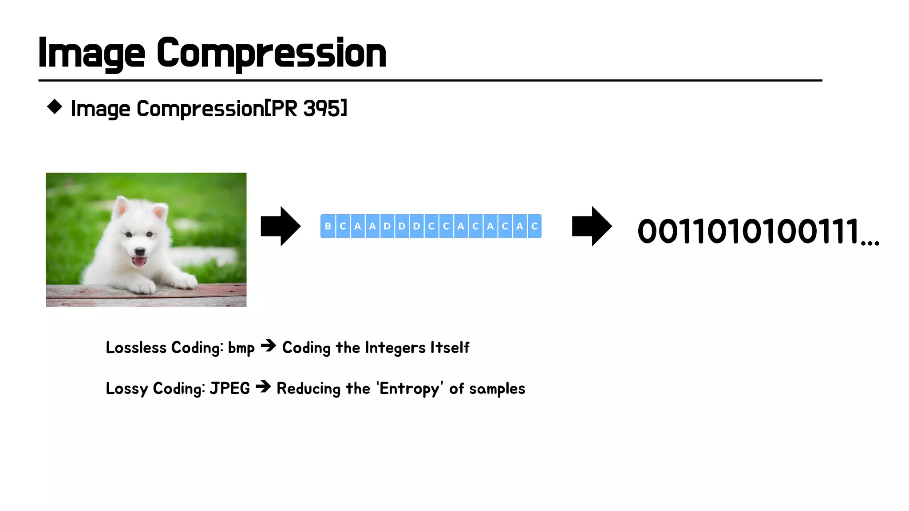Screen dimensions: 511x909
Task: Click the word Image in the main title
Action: click(x=91, y=53)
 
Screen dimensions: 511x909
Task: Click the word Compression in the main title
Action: click(x=271, y=53)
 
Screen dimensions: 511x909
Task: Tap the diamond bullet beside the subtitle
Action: click(x=55, y=107)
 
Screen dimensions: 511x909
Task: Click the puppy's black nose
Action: click(x=140, y=251)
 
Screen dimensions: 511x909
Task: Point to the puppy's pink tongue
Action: click(x=140, y=262)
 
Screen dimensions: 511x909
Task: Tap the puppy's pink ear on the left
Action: click(x=121, y=207)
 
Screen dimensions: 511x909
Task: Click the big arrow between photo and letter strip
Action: click(x=281, y=226)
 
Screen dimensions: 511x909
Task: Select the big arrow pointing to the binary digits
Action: click(x=592, y=226)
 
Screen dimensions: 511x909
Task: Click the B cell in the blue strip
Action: click(x=328, y=226)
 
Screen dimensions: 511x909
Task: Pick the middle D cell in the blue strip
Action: click(x=402, y=226)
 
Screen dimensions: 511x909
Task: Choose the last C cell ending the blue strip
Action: click(x=534, y=226)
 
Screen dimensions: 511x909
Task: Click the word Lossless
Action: click(x=136, y=348)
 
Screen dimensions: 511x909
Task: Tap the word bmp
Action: click(x=241, y=349)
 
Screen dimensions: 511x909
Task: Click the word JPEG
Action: click(x=229, y=389)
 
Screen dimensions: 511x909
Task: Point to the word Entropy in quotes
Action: click(x=409, y=389)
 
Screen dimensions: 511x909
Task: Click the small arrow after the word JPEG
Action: click(x=263, y=387)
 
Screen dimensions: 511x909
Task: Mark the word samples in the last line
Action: click(x=497, y=389)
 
